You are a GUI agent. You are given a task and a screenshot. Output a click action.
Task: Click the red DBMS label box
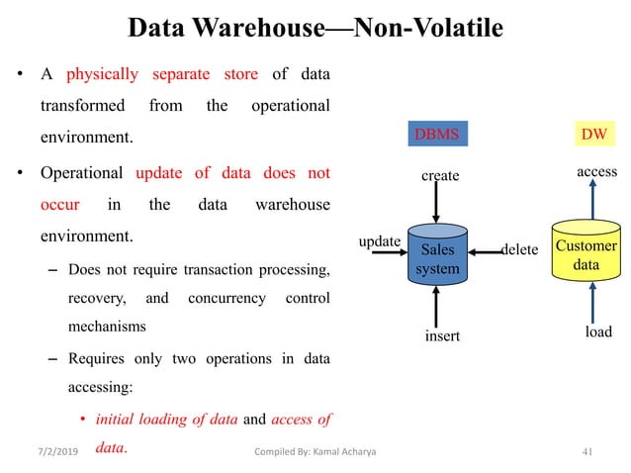(x=437, y=134)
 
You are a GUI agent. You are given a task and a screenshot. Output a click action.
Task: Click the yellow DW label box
(x=592, y=134)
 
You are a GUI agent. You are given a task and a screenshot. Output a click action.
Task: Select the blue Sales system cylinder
(x=437, y=257)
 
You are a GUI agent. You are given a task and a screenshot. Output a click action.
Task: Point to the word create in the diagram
(x=440, y=176)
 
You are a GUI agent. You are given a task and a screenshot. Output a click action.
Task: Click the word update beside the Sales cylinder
(x=379, y=241)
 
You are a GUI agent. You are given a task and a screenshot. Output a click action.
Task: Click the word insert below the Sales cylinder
(x=442, y=336)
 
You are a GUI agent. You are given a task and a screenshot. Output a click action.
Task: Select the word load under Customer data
(x=597, y=331)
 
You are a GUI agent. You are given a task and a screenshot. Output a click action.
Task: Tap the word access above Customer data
(x=597, y=172)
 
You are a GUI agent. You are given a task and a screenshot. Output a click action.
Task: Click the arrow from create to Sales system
(x=437, y=206)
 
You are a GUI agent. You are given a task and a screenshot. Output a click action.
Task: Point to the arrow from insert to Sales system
(x=437, y=305)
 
